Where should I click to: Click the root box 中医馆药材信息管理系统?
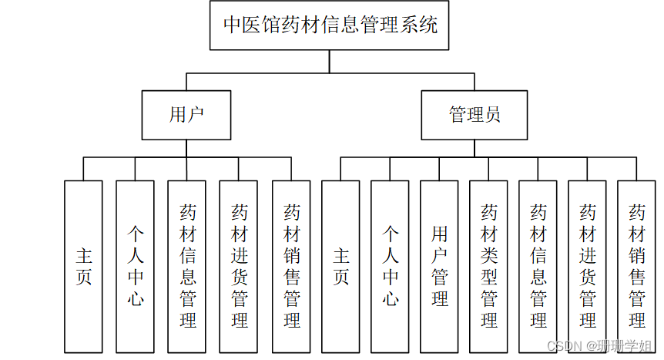(x=330, y=25)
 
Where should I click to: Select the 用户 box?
(x=186, y=115)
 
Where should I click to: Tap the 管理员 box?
(x=475, y=115)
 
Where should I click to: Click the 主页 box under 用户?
(x=83, y=266)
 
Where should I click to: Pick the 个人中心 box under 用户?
(x=135, y=266)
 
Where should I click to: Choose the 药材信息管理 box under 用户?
(x=186, y=266)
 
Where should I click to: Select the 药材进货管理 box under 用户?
(x=239, y=266)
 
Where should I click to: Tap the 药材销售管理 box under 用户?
(x=291, y=266)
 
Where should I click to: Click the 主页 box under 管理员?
(x=340, y=266)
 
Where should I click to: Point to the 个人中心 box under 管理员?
(x=390, y=266)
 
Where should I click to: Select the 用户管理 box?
(x=439, y=266)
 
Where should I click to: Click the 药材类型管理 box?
(x=488, y=266)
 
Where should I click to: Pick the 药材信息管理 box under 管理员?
(x=538, y=266)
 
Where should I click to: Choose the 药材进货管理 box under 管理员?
(x=587, y=266)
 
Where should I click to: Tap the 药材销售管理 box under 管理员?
(x=636, y=266)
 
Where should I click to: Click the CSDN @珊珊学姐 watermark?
(x=599, y=347)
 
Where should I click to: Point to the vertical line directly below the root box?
(x=330, y=62)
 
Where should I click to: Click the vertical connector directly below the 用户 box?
(x=186, y=148)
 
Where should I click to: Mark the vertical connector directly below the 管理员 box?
(x=475, y=148)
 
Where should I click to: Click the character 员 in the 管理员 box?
(x=492, y=115)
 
